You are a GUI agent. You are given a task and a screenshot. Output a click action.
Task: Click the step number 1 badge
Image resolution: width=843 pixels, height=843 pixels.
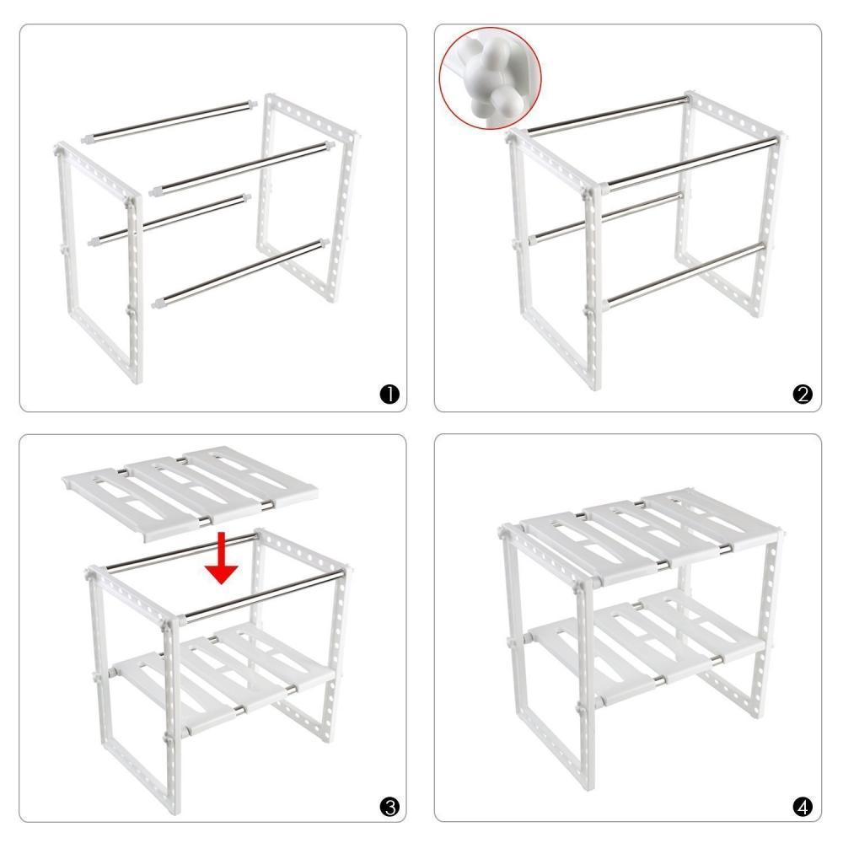coord(389,394)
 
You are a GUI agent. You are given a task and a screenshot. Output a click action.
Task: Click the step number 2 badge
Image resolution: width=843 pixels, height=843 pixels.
coord(803,394)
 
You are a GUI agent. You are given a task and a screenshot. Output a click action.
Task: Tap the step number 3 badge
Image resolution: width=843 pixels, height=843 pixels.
coord(389,807)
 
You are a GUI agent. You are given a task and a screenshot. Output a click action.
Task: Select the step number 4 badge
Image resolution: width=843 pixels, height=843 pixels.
coord(803,807)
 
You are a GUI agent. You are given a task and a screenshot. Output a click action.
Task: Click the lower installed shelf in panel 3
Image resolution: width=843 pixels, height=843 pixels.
coord(223,674)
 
